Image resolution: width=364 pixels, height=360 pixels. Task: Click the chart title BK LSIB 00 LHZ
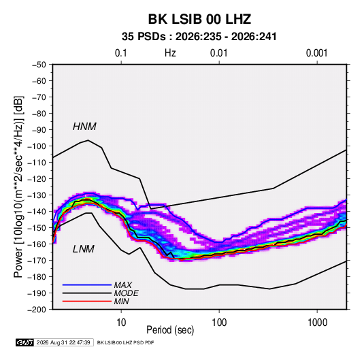pyautogui.click(x=199, y=19)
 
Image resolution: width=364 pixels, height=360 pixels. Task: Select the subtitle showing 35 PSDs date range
pyautogui.click(x=199, y=37)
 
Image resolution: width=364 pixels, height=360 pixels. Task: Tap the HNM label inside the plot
pyautogui.click(x=84, y=127)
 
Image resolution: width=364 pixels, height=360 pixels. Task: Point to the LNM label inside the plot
pyautogui.click(x=84, y=249)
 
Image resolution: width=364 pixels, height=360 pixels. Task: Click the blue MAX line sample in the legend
pyautogui.click(x=87, y=285)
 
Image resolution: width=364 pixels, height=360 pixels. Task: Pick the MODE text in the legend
pyautogui.click(x=127, y=293)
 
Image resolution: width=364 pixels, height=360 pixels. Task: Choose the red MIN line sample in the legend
pyautogui.click(x=87, y=301)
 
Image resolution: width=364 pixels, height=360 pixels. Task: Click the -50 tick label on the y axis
pyautogui.click(x=39, y=65)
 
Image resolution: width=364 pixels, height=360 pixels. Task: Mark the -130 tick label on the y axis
pyautogui.click(x=37, y=195)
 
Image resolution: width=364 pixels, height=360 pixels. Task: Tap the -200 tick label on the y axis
pyautogui.click(x=37, y=310)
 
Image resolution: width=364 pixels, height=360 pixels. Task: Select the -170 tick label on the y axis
pyautogui.click(x=37, y=261)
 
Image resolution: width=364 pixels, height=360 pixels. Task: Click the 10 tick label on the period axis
pyautogui.click(x=121, y=323)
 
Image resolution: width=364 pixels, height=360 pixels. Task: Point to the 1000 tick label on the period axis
pyautogui.click(x=317, y=323)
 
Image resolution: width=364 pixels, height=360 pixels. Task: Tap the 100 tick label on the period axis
pyautogui.click(x=219, y=323)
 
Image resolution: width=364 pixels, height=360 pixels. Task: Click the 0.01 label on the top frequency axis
pyautogui.click(x=219, y=53)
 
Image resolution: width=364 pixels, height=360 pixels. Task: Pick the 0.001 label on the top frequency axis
pyautogui.click(x=317, y=53)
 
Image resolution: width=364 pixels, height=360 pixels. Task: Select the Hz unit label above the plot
pyautogui.click(x=170, y=53)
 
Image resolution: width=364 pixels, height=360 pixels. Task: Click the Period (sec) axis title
pyautogui.click(x=170, y=330)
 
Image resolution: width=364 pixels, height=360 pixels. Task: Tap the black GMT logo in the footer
pyautogui.click(x=25, y=342)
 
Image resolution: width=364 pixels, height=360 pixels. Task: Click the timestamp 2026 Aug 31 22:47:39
pyautogui.click(x=63, y=342)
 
